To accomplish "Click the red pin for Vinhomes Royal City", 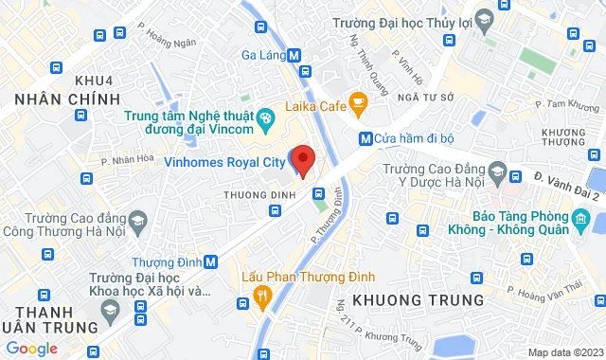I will [302, 159].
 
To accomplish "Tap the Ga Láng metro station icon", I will [295, 55].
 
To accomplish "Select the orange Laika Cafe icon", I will [358, 100].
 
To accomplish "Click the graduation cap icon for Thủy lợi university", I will [484, 20].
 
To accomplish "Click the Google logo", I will [30, 349].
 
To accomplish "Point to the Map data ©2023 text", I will [564, 352].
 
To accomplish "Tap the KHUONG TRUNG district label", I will [418, 299].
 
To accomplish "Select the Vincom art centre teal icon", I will [266, 117].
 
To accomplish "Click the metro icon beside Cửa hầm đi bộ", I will [365, 138].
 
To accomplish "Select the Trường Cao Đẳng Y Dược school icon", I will [515, 174].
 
